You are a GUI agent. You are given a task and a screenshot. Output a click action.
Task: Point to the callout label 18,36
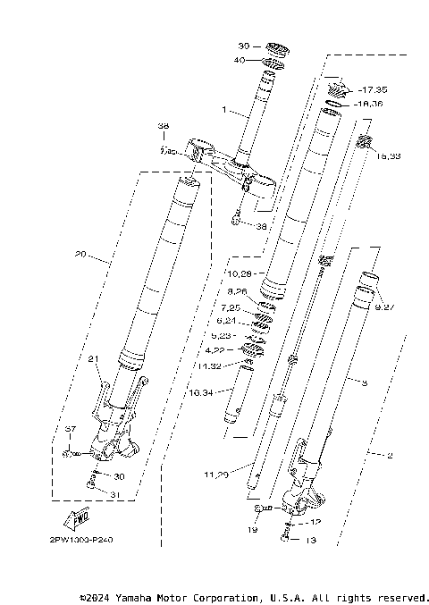click(x=371, y=104)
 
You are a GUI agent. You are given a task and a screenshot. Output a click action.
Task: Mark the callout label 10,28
click(x=242, y=272)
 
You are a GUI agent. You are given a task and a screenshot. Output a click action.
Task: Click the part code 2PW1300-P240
click(x=76, y=540)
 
